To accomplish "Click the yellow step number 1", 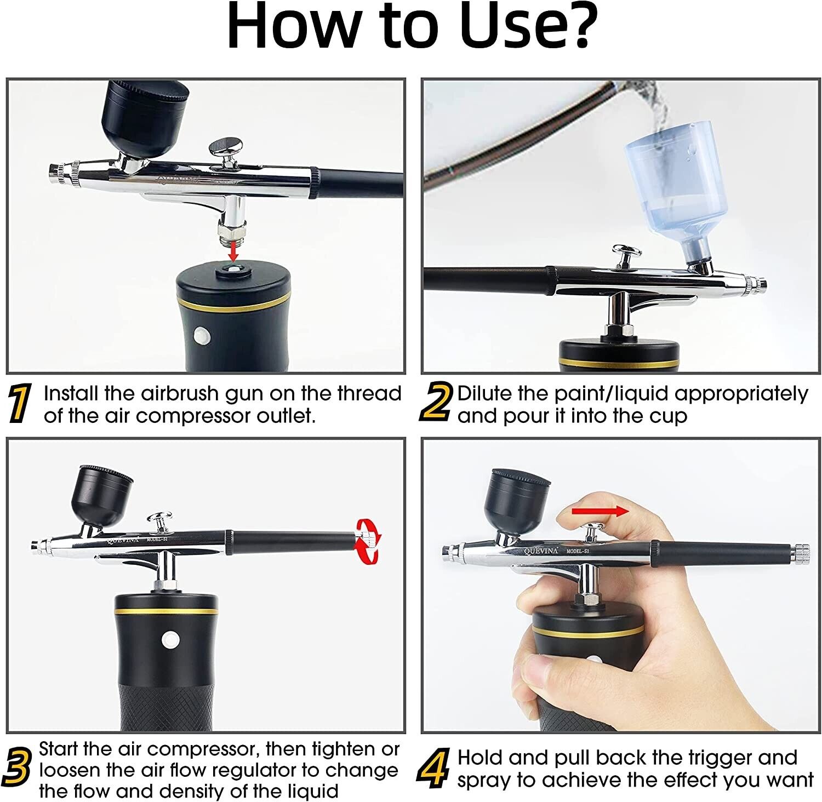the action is tap(20, 404).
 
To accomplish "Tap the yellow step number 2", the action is tap(436, 403).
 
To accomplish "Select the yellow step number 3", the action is tap(20, 769).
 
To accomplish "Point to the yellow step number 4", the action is tap(434, 769).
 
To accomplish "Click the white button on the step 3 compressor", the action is tap(170, 638).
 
